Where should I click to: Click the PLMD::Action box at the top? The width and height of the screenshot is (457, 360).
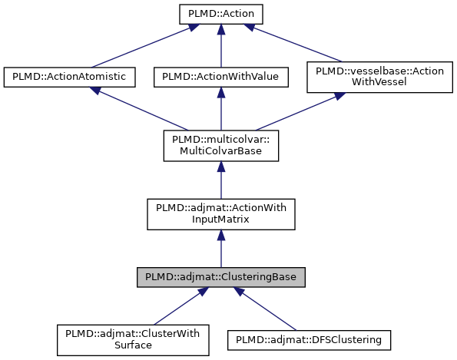point(220,14)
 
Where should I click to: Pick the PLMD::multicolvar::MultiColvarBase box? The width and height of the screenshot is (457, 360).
point(220,145)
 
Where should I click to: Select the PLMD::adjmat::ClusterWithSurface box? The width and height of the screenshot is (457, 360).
point(133,339)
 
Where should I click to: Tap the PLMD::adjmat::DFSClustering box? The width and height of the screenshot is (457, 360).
point(310,339)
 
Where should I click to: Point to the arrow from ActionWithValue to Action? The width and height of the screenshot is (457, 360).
point(220,45)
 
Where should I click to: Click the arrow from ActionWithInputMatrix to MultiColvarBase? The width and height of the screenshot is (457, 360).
point(220,180)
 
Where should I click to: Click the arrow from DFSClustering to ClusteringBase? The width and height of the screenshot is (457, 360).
point(265,307)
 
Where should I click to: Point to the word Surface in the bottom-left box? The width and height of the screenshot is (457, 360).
point(133,345)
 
